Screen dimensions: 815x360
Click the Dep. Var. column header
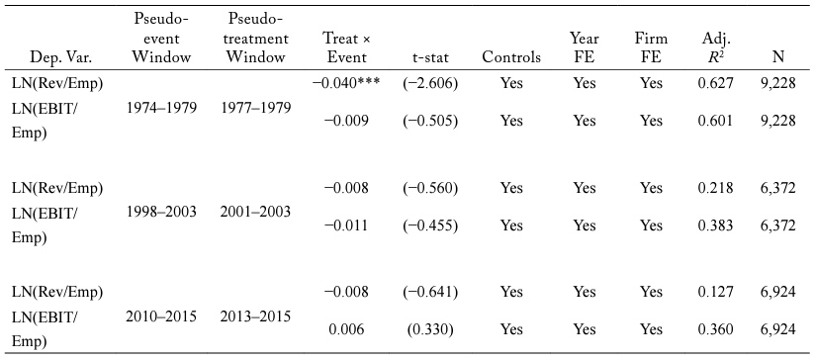click(51, 57)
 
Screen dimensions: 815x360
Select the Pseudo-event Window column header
click(161, 38)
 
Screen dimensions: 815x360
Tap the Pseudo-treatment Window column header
click(255, 38)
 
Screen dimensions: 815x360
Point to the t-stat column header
click(429, 57)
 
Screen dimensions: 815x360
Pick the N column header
click(778, 57)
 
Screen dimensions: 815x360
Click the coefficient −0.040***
click(347, 83)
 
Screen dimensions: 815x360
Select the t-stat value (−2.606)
click(430, 83)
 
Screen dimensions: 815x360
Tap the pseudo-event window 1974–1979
click(161, 108)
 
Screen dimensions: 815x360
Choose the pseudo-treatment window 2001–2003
click(255, 212)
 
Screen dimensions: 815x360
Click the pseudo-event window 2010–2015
click(161, 316)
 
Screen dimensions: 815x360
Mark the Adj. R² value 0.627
click(716, 83)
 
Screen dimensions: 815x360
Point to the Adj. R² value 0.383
click(716, 225)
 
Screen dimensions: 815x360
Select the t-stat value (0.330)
click(430, 330)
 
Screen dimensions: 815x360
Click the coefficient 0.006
click(347, 330)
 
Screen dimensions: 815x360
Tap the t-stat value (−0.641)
click(430, 292)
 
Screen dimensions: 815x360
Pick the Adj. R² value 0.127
click(716, 292)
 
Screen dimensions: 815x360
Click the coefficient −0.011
click(347, 225)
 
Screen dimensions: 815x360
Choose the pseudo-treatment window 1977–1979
click(255, 108)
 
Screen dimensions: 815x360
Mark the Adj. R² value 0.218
click(716, 188)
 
